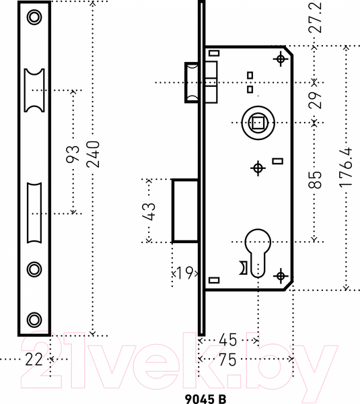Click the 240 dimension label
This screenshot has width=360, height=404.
tap(93, 154)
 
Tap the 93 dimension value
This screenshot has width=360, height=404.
tap(73, 154)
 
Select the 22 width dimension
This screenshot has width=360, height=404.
tap(34, 360)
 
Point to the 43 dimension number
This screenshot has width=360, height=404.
tap(149, 211)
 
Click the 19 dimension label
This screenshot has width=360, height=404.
tap(185, 273)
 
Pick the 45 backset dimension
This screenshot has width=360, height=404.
tap(227, 340)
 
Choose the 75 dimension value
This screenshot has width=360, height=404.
tap(227, 360)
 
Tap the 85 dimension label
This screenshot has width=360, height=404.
tap(315, 180)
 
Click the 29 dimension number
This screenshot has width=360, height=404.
tap(315, 100)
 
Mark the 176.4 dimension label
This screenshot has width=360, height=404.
tap(345, 167)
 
